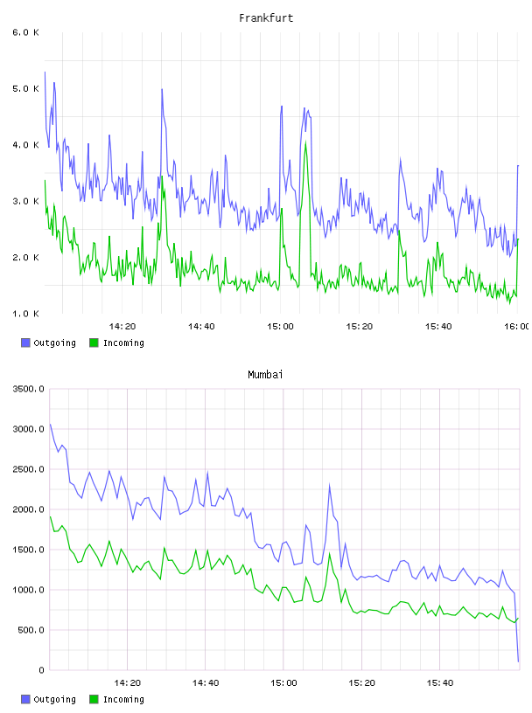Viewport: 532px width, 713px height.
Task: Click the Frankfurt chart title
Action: point(266,18)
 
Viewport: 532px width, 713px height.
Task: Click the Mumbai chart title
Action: point(265,375)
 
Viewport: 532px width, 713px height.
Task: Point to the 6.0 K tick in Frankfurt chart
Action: point(25,32)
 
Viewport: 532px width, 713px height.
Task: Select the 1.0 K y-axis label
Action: point(25,314)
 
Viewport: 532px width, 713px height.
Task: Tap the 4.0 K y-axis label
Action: point(25,145)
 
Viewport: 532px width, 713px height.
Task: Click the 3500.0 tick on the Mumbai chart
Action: point(28,389)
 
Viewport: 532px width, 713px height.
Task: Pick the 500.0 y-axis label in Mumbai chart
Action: point(31,630)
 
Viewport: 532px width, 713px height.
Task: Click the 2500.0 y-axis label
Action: point(28,469)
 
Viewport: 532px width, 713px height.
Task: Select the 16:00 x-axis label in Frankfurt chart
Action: point(517,327)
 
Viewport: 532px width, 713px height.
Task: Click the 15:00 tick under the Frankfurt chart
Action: point(280,327)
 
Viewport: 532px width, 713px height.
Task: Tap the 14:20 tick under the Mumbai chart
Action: point(127,683)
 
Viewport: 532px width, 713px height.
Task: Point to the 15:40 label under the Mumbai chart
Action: point(440,683)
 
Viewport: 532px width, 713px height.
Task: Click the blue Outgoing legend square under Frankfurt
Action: point(25,343)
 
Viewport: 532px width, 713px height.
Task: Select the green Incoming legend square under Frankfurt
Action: point(94,343)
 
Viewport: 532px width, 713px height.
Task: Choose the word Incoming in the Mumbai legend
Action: point(123,700)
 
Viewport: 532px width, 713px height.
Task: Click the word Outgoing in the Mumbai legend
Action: point(54,700)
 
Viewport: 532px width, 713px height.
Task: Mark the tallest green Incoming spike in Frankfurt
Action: point(305,142)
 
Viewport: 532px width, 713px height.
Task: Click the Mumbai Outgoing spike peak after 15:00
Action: point(329,486)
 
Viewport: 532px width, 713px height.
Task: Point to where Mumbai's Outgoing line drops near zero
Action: point(518,661)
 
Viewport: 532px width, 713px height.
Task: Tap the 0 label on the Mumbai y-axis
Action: point(41,670)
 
